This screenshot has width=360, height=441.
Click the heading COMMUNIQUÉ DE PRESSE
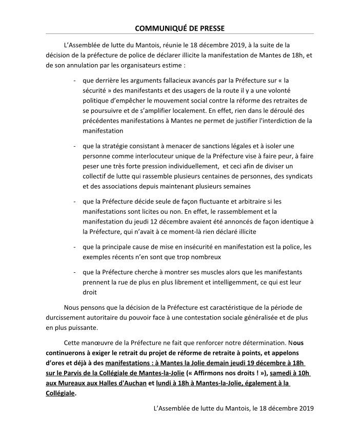click(179, 27)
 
